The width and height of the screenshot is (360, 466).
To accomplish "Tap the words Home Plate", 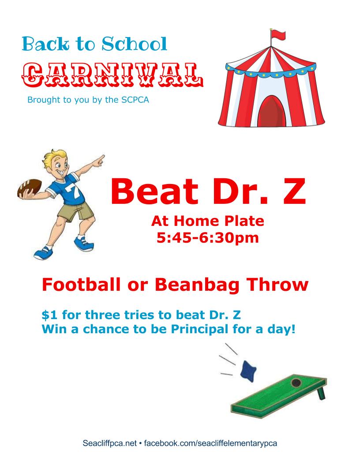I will (214, 221).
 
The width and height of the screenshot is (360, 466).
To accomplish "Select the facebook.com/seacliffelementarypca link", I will (210, 443).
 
